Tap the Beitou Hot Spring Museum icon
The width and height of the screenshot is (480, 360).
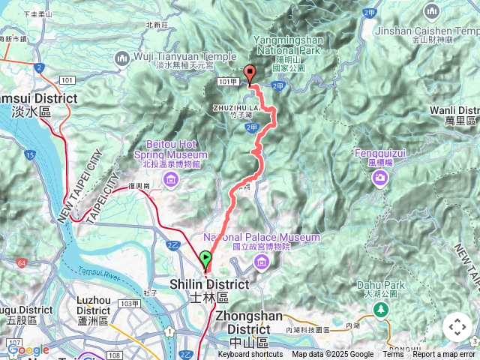(170, 178)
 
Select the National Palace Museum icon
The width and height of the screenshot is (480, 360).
(261, 260)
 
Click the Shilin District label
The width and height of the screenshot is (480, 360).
(209, 289)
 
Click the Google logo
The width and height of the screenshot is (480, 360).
(28, 350)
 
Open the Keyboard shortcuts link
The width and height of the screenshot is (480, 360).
(250, 355)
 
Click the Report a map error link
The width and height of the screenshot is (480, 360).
(444, 355)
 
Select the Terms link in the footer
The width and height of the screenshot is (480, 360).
(393, 355)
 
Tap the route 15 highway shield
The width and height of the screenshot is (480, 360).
(29, 155)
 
